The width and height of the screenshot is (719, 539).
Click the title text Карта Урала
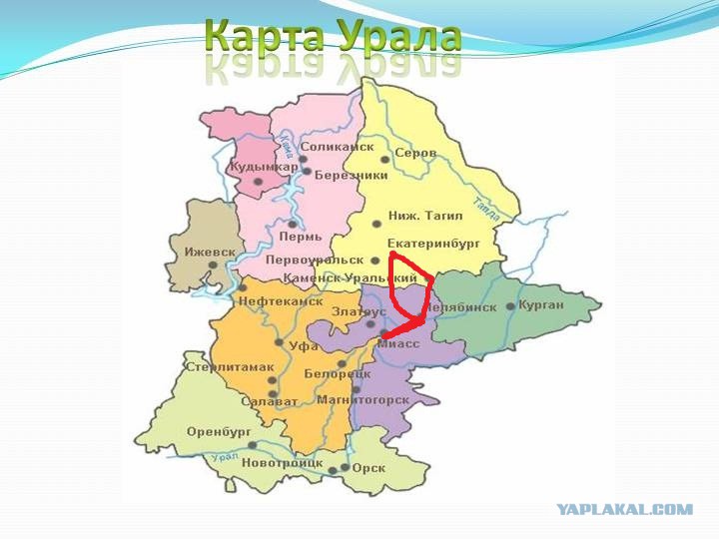[334, 36]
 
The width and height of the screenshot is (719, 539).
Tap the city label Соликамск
[338, 147]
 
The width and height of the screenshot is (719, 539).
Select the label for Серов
[415, 153]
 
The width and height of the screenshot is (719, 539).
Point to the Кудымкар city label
[264, 167]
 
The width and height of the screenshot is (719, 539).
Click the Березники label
[351, 175]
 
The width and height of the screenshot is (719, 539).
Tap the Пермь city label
[301, 237]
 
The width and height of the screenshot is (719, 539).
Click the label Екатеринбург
[434, 243]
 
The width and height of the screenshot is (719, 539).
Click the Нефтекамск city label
[281, 300]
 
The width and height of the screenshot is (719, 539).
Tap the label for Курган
[541, 304]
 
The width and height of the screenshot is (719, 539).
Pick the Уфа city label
[304, 345]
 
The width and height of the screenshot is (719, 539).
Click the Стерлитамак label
[230, 366]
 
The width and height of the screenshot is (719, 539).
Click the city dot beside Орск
[346, 467]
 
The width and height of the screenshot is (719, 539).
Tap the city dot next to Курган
[510, 306]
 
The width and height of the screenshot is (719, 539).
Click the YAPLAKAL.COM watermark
[624, 509]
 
